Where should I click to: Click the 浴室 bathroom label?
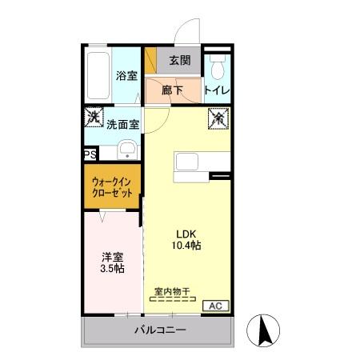(127, 77)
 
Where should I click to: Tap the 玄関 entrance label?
(180, 60)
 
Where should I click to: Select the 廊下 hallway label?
(174, 90)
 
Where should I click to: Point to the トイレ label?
(218, 90)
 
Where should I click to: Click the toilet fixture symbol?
(217, 64)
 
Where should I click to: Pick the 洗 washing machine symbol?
(94, 117)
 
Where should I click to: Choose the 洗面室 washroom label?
(123, 124)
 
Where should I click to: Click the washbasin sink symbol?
(126, 150)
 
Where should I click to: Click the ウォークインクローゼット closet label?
(113, 189)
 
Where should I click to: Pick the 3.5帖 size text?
(112, 269)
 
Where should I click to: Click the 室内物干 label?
(171, 292)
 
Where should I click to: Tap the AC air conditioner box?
(216, 306)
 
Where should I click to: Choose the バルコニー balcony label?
(159, 330)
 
